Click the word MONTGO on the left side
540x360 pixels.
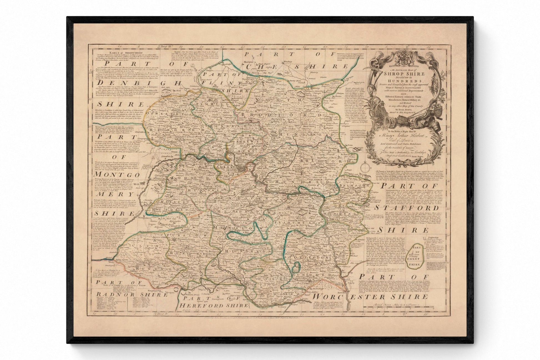pyautogui.click(x=117, y=174)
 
